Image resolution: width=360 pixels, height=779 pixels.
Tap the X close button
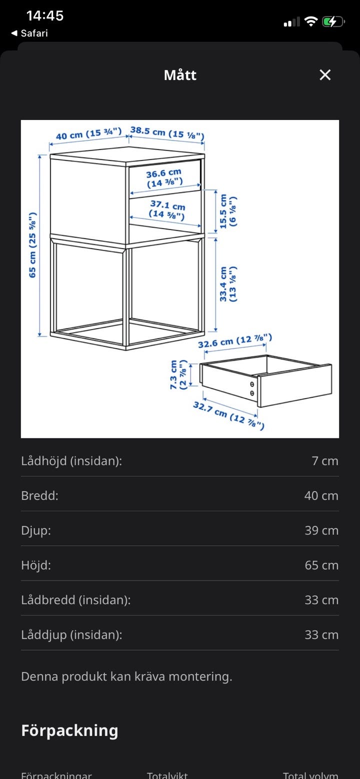325,75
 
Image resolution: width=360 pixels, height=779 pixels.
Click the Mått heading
180,75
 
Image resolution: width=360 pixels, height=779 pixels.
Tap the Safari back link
29,33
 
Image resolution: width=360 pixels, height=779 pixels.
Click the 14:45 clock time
45,15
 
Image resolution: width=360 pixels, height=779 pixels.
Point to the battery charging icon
333,22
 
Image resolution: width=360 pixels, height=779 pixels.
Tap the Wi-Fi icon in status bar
310,21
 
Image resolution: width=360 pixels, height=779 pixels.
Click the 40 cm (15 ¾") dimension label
88,133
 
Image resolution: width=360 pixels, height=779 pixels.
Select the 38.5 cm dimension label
167,133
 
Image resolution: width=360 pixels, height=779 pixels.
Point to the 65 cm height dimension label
32,244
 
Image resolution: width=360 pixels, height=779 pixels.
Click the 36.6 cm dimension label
164,177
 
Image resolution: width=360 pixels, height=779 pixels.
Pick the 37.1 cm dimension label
167,209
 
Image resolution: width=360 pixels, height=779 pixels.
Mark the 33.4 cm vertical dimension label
228,284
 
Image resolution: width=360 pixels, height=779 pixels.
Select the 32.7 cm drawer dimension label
228,415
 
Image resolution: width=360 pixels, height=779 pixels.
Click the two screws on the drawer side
252,389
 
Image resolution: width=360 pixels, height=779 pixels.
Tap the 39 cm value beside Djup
321,530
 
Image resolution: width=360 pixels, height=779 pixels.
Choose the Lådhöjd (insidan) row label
71,461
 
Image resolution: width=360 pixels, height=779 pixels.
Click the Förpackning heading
69,730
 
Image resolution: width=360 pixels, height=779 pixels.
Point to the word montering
200,677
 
